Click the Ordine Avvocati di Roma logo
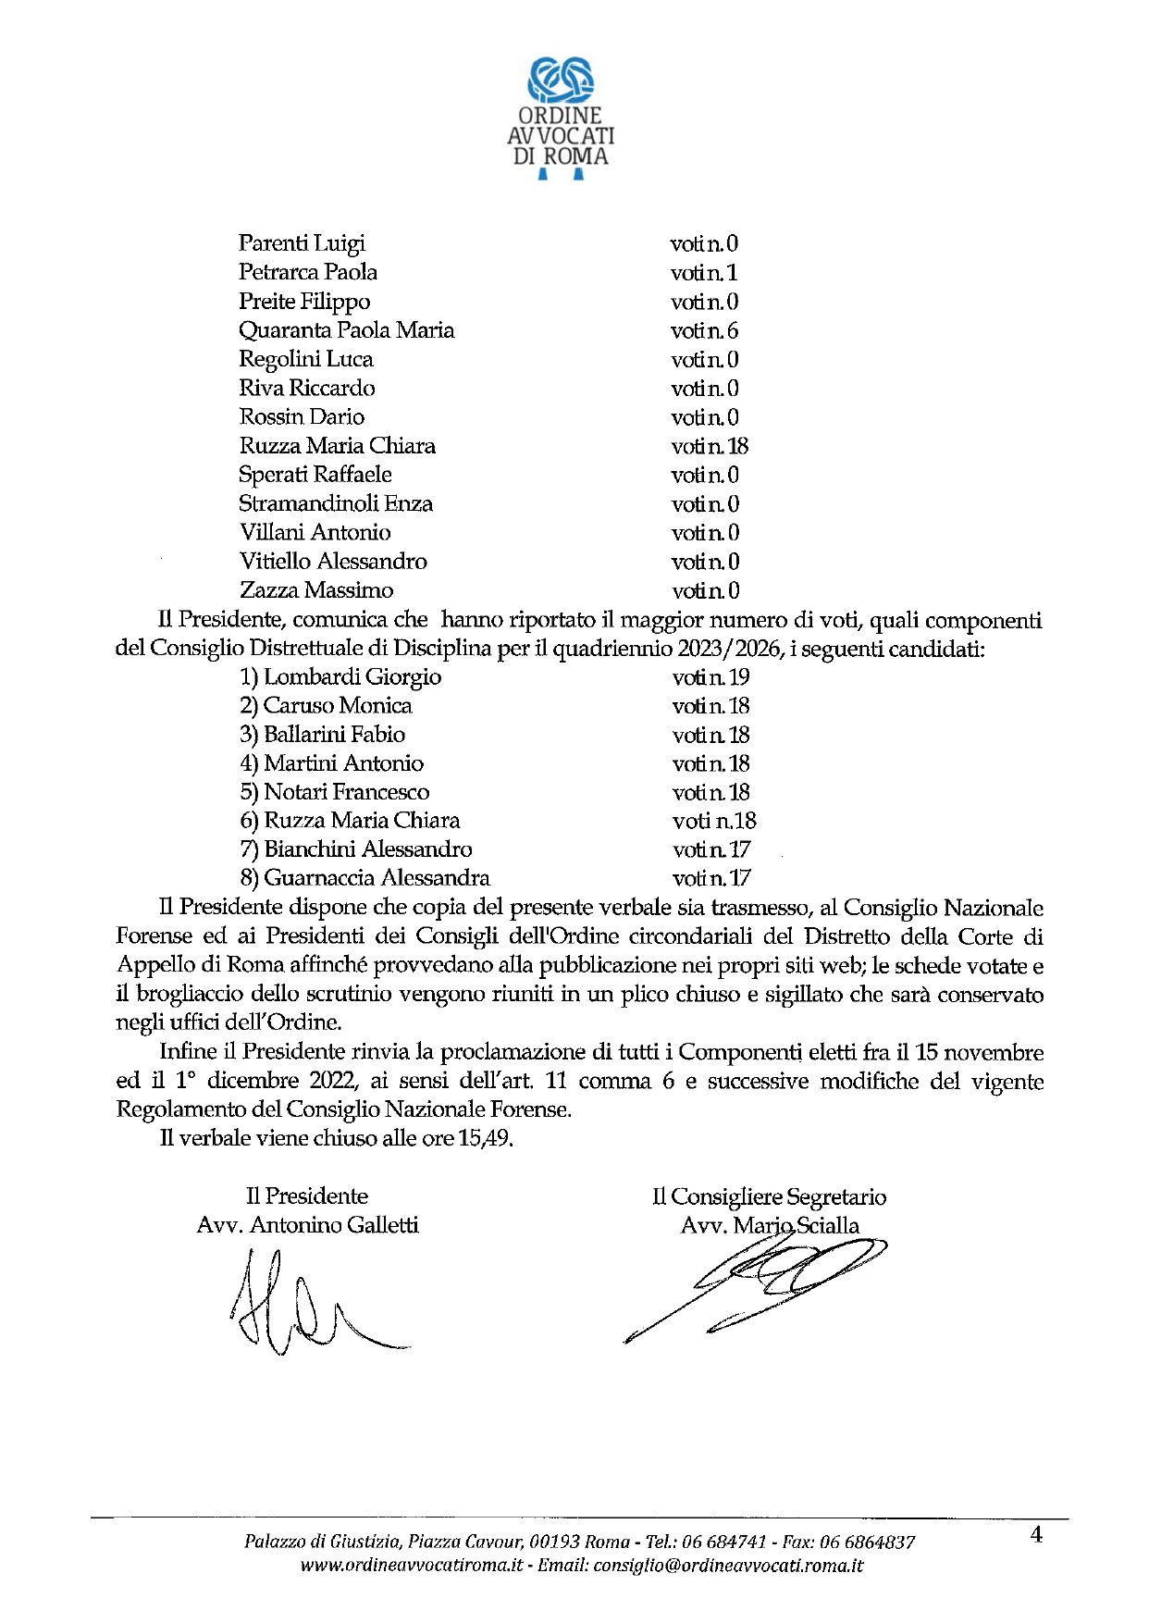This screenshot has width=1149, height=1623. (561, 116)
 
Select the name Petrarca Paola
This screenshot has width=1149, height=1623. (307, 272)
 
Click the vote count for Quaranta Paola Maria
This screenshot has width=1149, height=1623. (704, 330)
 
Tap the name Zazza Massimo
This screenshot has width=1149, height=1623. (315, 590)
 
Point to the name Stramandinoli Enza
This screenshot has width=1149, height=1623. (335, 503)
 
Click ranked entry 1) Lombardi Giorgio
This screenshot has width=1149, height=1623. (340, 677)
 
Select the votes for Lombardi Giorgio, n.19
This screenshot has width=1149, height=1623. (710, 677)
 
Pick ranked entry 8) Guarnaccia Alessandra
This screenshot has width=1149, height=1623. (364, 878)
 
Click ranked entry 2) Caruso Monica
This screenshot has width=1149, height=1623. (326, 706)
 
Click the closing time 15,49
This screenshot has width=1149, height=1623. (485, 1138)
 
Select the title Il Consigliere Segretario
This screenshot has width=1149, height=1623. (769, 1196)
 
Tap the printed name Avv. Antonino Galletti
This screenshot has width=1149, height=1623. (307, 1225)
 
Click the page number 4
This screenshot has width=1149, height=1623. (1036, 1535)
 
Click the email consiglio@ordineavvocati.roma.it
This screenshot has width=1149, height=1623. (728, 1566)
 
